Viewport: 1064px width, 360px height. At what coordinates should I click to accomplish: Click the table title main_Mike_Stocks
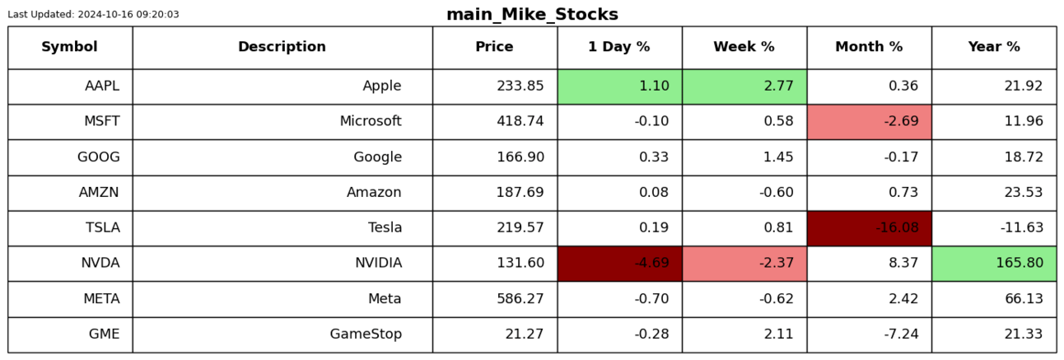pyautogui.click(x=532, y=14)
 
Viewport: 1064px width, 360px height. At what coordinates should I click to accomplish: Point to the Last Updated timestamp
pyautogui.click(x=93, y=14)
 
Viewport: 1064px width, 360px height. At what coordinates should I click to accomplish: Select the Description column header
pyautogui.click(x=282, y=46)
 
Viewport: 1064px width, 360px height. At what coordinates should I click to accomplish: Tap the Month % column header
pyautogui.click(x=869, y=46)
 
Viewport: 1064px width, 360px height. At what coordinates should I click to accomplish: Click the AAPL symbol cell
pyautogui.click(x=70, y=86)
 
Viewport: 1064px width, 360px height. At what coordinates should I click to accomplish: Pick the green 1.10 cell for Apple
pyautogui.click(x=620, y=86)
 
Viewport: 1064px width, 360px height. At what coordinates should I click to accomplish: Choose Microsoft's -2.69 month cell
pyautogui.click(x=870, y=122)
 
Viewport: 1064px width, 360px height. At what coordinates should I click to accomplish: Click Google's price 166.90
pyautogui.click(x=520, y=157)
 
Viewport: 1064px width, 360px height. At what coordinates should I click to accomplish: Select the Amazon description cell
pyautogui.click(x=282, y=193)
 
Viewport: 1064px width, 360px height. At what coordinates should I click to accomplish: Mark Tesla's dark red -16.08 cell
pyautogui.click(x=870, y=228)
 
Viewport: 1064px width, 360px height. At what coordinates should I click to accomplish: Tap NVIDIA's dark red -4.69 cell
pyautogui.click(x=620, y=263)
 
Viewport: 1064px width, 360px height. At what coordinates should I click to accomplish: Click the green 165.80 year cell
pyautogui.click(x=994, y=263)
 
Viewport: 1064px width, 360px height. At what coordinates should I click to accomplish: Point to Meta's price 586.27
pyautogui.click(x=520, y=298)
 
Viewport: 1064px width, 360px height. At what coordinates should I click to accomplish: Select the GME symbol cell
pyautogui.click(x=70, y=334)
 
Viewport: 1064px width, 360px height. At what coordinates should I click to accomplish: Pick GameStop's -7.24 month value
pyautogui.click(x=901, y=334)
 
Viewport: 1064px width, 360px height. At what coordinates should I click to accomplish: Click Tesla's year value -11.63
pyautogui.click(x=1022, y=227)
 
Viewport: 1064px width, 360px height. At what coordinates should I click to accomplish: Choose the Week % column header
pyautogui.click(x=744, y=46)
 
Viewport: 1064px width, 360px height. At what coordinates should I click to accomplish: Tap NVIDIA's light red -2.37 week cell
pyautogui.click(x=744, y=263)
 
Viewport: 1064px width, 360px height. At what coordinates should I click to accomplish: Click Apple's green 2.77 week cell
pyautogui.click(x=744, y=86)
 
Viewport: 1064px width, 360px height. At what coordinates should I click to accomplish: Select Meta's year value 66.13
pyautogui.click(x=1024, y=298)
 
